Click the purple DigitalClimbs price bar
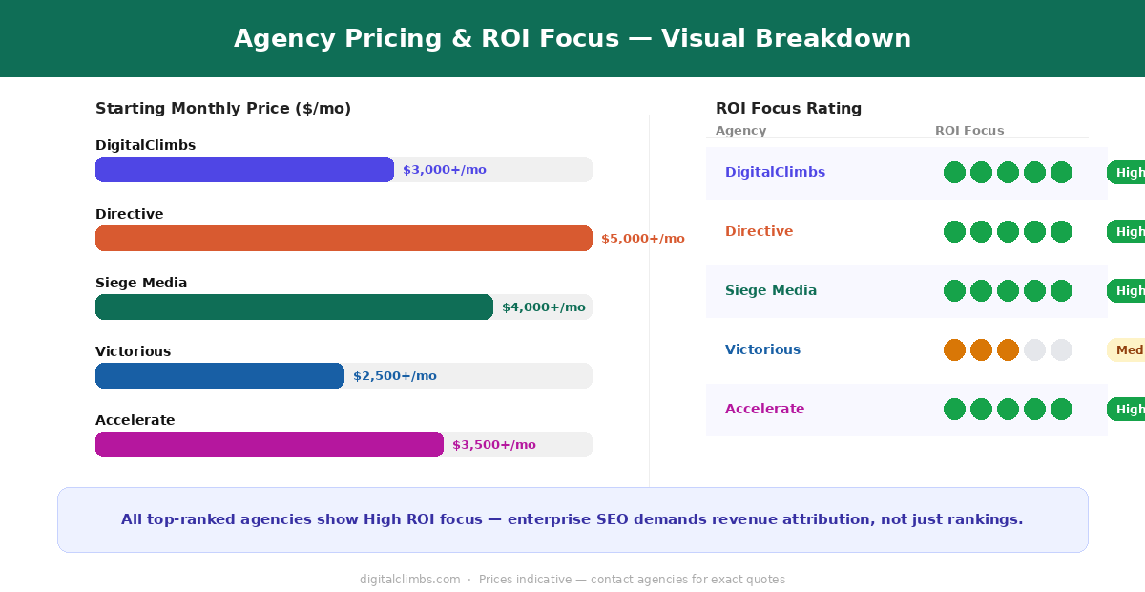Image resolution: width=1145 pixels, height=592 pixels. click(x=244, y=169)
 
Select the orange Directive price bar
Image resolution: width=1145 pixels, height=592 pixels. click(x=343, y=238)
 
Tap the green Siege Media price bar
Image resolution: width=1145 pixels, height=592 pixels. click(x=294, y=307)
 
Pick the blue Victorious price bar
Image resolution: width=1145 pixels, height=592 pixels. click(x=219, y=375)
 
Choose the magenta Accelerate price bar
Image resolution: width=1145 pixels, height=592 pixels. click(x=269, y=444)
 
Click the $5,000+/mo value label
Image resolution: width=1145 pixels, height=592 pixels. click(x=642, y=239)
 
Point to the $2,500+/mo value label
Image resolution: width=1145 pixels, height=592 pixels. click(x=394, y=376)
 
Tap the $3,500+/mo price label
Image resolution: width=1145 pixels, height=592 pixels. click(x=493, y=445)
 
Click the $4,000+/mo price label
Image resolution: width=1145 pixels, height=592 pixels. click(x=543, y=307)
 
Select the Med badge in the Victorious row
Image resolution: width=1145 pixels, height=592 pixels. click(x=1128, y=350)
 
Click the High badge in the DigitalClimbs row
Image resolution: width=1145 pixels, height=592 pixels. click(x=1128, y=173)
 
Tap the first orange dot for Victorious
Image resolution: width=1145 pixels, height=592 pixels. click(x=954, y=350)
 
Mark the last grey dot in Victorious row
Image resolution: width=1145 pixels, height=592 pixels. click(x=1061, y=350)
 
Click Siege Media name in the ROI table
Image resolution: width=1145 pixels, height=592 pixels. click(x=770, y=290)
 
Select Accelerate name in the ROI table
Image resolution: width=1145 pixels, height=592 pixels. click(x=764, y=409)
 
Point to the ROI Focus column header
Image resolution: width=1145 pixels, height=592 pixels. click(x=968, y=131)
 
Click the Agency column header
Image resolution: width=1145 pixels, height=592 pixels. click(x=740, y=131)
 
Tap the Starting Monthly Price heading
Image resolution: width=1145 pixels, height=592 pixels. click(x=223, y=109)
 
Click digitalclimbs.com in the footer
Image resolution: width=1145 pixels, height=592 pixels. click(x=409, y=580)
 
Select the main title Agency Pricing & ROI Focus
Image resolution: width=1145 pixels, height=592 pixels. click(x=572, y=39)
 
